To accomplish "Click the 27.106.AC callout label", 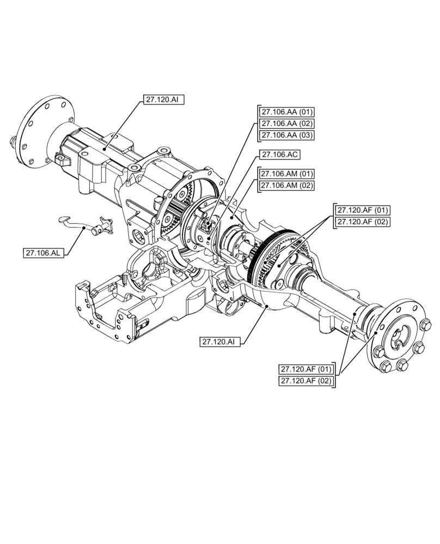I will [x=280, y=154].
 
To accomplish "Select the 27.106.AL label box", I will [x=44, y=252].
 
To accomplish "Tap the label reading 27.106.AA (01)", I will [x=286, y=112].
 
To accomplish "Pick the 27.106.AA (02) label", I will [x=286, y=123].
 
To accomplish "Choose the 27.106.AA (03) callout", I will [x=286, y=134].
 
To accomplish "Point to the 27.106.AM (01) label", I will [x=286, y=174].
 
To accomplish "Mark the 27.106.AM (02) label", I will [x=286, y=185].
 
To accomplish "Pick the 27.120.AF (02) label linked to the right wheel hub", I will [x=306, y=381].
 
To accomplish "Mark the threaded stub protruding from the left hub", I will [x=11, y=144].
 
